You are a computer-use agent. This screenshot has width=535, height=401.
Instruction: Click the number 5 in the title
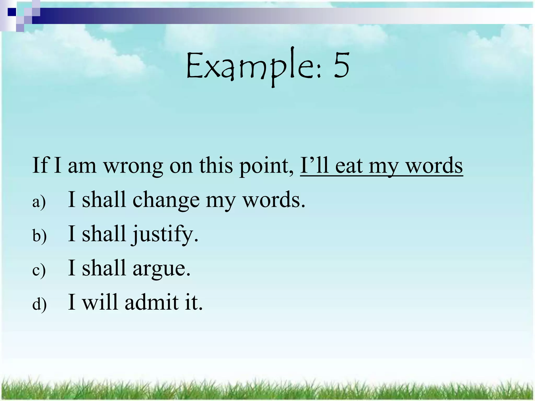tap(341, 65)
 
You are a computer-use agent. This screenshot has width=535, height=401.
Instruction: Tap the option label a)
tap(39, 202)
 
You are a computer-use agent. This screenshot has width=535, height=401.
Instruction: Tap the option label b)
tap(39, 236)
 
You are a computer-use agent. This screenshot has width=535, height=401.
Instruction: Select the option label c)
tap(39, 270)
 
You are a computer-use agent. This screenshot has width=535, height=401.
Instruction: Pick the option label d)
tap(39, 304)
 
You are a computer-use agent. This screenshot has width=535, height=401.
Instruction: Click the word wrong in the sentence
tap(133, 166)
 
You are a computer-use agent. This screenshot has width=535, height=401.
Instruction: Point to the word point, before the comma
tap(265, 166)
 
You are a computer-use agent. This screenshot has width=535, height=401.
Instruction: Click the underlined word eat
tap(349, 166)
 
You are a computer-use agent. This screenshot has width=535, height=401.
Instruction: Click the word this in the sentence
tap(216, 166)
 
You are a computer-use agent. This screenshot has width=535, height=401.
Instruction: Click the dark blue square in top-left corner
tap(11, 12)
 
